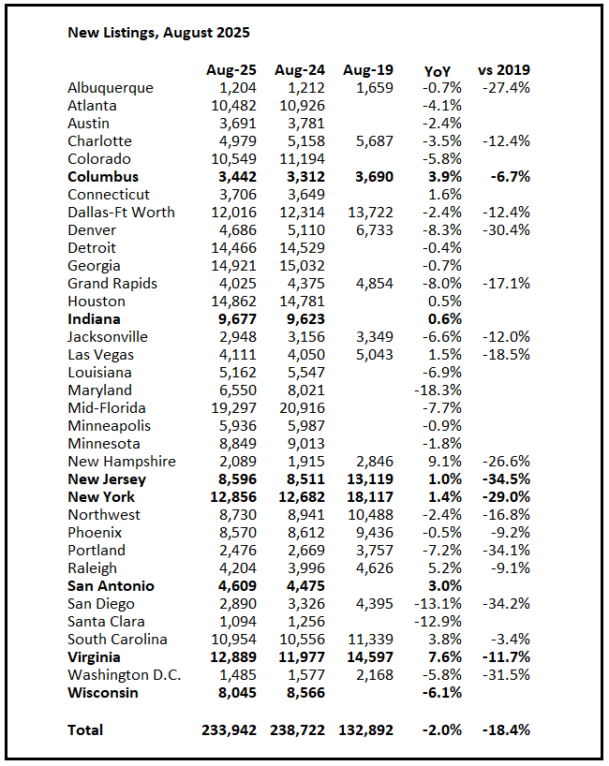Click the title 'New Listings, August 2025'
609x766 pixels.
pos(158,33)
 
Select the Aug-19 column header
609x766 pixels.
pos(368,70)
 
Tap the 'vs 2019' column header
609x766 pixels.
pos(504,70)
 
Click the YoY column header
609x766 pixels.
pos(437,70)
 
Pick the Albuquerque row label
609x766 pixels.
pos(110,88)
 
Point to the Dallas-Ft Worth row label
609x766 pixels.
pos(121,213)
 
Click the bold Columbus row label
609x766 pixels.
pos(103,177)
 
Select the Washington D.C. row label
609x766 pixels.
pos(124,675)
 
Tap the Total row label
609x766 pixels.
pos(85,729)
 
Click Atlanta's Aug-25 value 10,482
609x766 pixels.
pos(230,106)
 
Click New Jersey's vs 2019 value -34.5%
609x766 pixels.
pos(506,479)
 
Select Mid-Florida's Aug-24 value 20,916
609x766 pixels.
pos(300,408)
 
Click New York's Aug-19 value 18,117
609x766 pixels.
pos(368,497)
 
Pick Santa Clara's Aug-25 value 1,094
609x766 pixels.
pos(235,622)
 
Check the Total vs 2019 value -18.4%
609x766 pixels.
pos(506,729)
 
